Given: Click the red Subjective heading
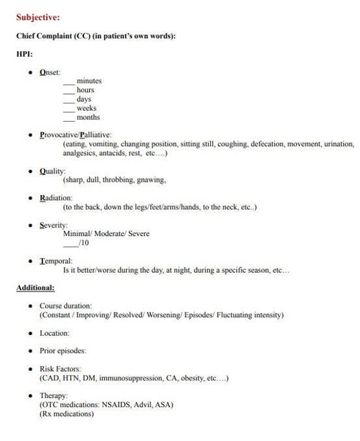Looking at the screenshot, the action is (38, 17).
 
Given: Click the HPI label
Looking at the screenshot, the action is (25, 54).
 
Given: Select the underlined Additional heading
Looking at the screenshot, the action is (35, 288).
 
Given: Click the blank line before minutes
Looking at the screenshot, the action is (69, 82).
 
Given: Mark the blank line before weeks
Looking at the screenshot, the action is (69, 109).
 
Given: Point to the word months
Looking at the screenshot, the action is (88, 117).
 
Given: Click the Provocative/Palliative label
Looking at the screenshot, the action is (75, 134).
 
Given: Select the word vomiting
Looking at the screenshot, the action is (104, 144).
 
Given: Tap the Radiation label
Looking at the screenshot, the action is (56, 198).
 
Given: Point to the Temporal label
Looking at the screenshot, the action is (56, 261).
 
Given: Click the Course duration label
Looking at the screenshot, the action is (66, 305).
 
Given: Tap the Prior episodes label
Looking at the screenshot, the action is (62, 351).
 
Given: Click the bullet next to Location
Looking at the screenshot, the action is (31, 333).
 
